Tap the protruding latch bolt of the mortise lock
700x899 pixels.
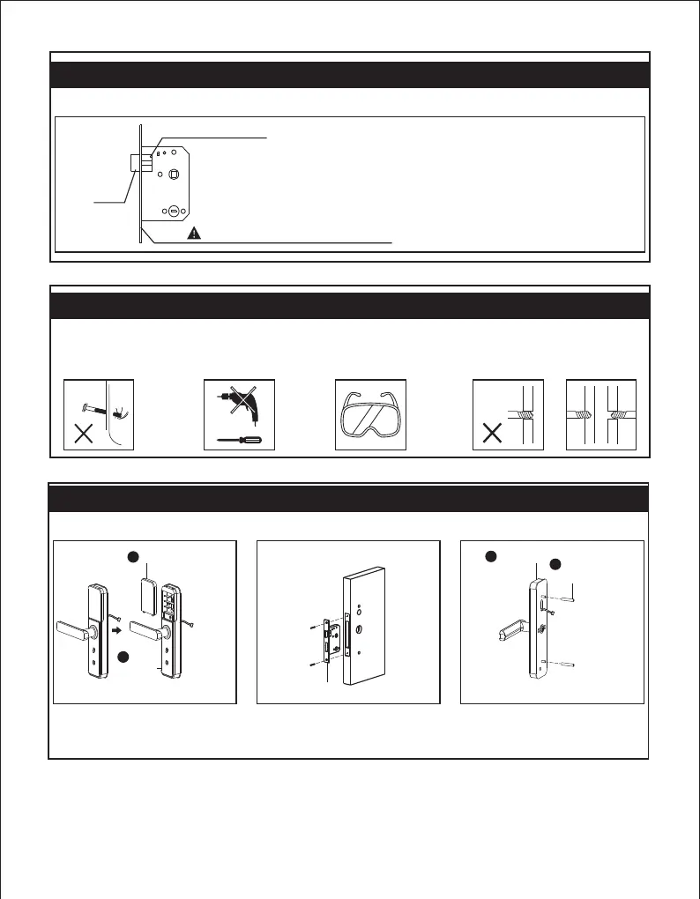pos(138,163)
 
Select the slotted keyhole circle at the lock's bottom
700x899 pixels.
pos(174,212)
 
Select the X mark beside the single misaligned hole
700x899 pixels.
pos(489,435)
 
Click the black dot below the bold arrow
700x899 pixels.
pos(125,658)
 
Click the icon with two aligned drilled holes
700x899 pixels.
pos(600,414)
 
